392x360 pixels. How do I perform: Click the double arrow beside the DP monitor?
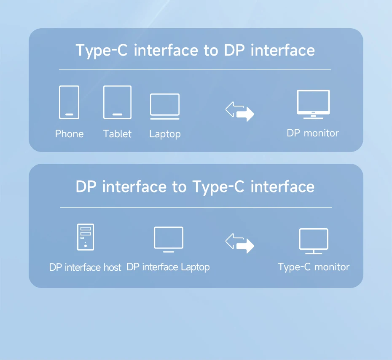[239, 111]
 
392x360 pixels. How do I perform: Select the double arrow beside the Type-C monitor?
[239, 243]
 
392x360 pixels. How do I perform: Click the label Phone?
[69, 134]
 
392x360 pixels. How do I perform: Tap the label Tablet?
[117, 134]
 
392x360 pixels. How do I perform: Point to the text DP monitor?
[313, 133]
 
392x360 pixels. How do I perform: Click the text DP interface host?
[85, 267]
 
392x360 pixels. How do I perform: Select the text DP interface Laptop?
[168, 267]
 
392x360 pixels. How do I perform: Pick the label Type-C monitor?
[314, 267]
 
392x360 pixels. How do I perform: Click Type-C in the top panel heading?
[102, 51]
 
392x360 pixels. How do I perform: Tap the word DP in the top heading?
[234, 50]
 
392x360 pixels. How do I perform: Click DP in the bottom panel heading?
[86, 187]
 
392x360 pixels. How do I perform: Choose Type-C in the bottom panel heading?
[218, 187]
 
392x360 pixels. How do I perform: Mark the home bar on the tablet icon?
[117, 115]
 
